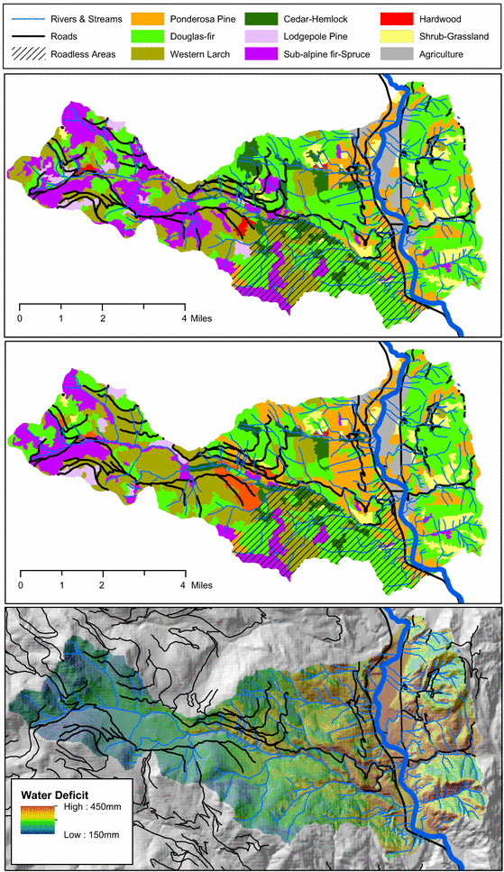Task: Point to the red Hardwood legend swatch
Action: click(x=393, y=18)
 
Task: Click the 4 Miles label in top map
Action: click(x=197, y=318)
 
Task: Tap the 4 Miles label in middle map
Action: click(x=197, y=584)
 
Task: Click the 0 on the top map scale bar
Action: click(x=20, y=318)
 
